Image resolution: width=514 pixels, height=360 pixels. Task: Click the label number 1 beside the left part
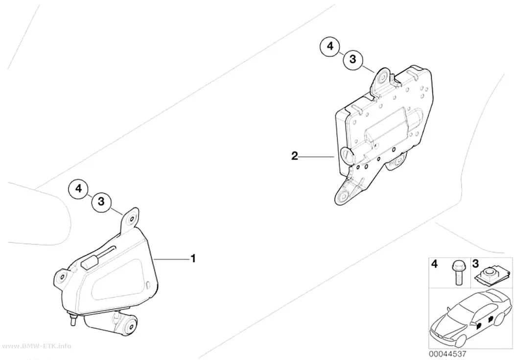pyautogui.click(x=193, y=258)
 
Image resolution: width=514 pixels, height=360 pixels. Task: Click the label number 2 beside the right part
pyautogui.click(x=295, y=156)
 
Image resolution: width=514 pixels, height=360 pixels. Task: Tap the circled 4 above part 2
pyautogui.click(x=330, y=47)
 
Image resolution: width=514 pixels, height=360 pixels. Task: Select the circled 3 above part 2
pyautogui.click(x=352, y=60)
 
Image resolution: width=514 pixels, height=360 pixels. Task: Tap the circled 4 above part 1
pyautogui.click(x=79, y=189)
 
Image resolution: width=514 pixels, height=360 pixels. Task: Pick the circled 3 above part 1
pyautogui.click(x=101, y=201)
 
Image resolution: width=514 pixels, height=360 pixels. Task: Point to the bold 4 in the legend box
pyautogui.click(x=434, y=264)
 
